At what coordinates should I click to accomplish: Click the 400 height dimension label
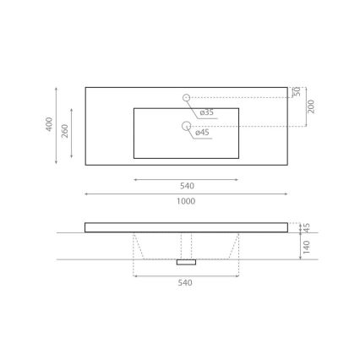[x=49, y=125]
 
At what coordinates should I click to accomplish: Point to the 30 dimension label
[x=297, y=91]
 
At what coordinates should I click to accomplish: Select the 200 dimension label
[x=311, y=106]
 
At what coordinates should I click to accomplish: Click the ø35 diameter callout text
[x=207, y=112]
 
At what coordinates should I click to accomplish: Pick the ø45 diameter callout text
[x=203, y=133]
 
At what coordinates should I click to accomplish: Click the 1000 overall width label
[x=186, y=201]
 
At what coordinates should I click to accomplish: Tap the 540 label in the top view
[x=186, y=185]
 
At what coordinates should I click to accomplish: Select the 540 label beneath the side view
[x=186, y=282]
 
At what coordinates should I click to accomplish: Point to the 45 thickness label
[x=308, y=226]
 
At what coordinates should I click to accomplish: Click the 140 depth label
[x=308, y=246]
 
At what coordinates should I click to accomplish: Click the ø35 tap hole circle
[x=187, y=98]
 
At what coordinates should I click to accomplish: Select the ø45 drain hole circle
[x=185, y=127]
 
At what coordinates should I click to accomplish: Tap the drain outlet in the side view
[x=186, y=261]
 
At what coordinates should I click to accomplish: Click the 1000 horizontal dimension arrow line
[x=186, y=194]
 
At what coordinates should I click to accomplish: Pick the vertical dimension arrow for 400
[x=57, y=123]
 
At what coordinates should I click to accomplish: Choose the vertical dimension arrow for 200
[x=305, y=106]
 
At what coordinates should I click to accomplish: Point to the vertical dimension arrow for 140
[x=301, y=245]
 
